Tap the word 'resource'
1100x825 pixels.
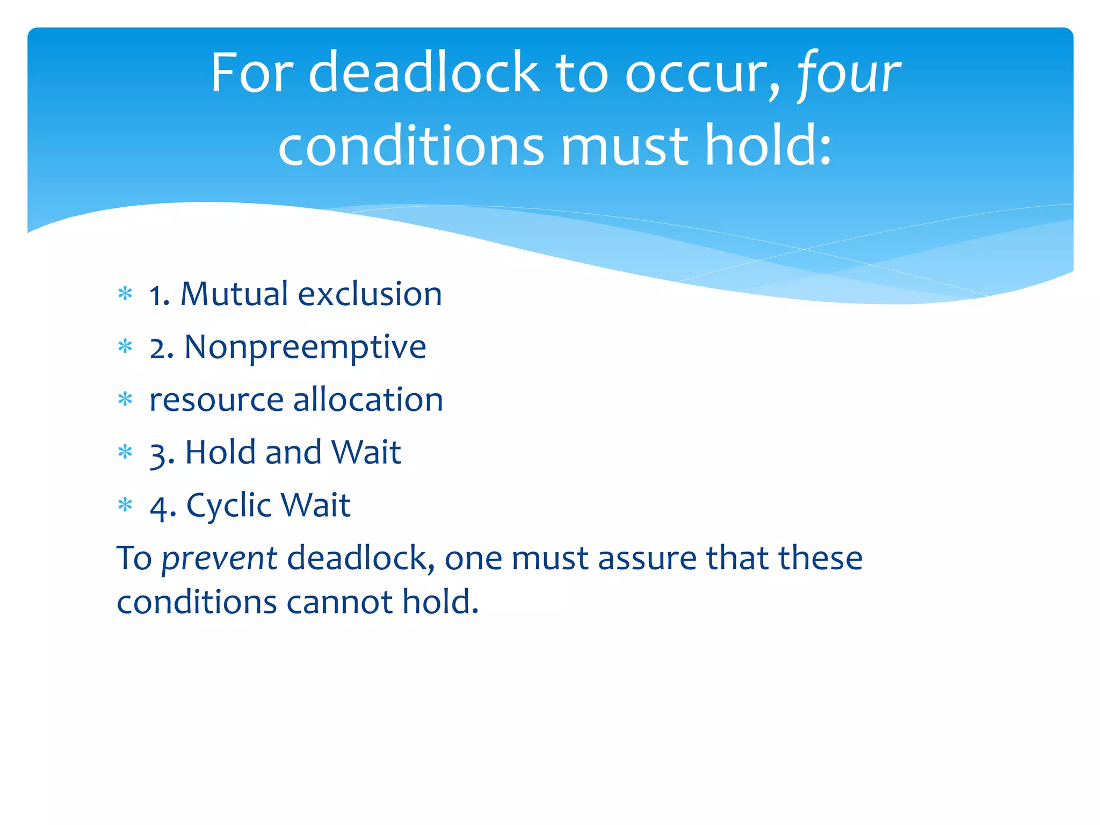pos(216,400)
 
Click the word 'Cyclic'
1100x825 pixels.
pos(229,505)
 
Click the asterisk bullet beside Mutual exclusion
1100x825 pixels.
pos(125,294)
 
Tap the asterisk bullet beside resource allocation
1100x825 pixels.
pos(125,400)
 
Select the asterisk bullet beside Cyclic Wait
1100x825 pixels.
pos(125,505)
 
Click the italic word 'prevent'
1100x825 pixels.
pos(219,559)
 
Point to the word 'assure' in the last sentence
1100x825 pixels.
pos(647,559)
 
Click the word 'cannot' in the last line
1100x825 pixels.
pos(339,602)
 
